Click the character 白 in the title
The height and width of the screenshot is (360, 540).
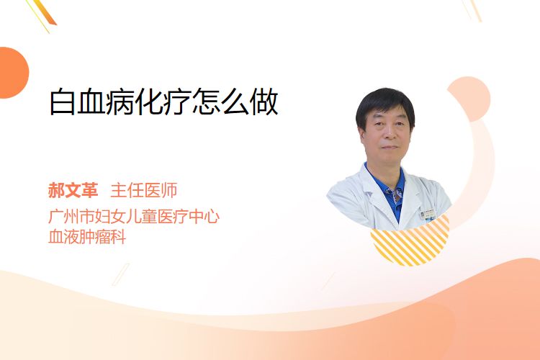(63, 102)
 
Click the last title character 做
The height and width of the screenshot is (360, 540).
(264, 102)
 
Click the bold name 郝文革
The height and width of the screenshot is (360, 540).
(73, 190)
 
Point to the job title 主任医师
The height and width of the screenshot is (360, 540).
(144, 190)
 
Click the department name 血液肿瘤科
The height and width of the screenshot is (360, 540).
(87, 237)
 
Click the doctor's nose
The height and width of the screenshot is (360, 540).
(389, 134)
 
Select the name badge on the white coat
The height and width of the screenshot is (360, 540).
(428, 215)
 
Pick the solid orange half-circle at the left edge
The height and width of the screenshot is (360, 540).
(13, 73)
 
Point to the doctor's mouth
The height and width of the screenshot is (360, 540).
(390, 147)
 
